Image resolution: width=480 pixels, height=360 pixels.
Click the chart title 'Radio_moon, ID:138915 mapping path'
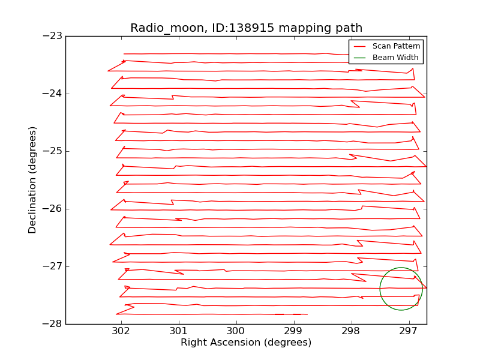click(246, 28)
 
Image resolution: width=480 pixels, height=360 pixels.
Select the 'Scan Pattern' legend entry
click(395, 46)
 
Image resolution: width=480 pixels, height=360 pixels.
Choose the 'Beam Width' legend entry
click(395, 58)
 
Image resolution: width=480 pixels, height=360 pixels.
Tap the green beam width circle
click(380, 289)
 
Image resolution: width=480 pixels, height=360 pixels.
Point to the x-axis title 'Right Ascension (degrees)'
click(246, 343)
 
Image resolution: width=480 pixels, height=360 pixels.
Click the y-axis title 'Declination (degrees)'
click(32, 180)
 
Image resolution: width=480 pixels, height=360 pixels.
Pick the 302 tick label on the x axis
click(121, 331)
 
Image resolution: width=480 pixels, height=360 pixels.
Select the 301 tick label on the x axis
click(178, 331)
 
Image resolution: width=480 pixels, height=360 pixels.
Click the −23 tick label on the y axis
click(52, 36)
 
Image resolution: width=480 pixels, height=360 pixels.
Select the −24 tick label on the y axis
click(52, 94)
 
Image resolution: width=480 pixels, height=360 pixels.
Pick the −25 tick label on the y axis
click(52, 151)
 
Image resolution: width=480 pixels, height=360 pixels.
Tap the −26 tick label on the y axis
click(52, 209)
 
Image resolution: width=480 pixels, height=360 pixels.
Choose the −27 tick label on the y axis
click(52, 266)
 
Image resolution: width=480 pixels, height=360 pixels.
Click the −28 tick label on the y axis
click(52, 324)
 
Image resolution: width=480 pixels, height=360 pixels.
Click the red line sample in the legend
click(360, 46)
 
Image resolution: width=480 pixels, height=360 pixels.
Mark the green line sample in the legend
click(360, 58)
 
